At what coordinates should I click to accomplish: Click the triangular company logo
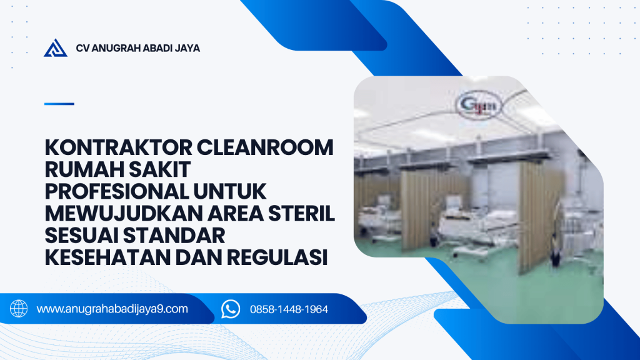tap(56, 48)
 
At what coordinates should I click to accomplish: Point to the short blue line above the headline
tap(59, 104)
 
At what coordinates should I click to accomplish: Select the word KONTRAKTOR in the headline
tap(118, 147)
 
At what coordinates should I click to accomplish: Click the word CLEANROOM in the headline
tap(265, 147)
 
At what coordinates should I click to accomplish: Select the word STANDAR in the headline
tap(174, 236)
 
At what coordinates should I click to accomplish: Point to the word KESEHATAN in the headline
tap(107, 257)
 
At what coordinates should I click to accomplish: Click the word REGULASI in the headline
tap(277, 257)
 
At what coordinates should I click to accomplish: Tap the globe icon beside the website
tap(19, 309)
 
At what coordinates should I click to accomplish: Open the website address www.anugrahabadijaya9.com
tap(112, 309)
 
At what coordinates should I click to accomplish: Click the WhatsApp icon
tap(231, 309)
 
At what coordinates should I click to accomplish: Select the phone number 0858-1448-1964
tap(289, 309)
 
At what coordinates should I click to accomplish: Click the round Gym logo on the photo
tap(479, 105)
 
